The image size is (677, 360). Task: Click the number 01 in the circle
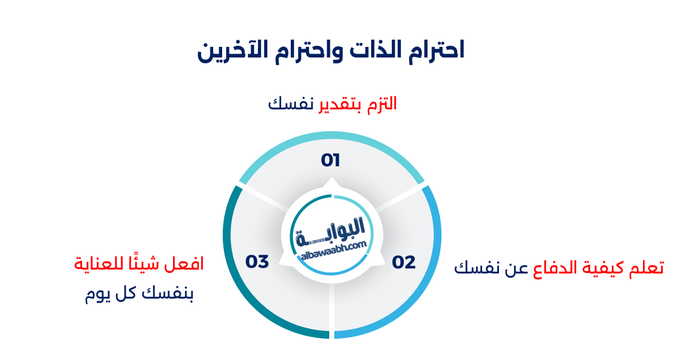tap(330, 161)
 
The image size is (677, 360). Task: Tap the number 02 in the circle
tap(404, 262)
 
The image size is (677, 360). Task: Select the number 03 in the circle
tap(257, 261)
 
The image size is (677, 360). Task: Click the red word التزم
tap(382, 104)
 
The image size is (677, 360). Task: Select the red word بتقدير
tap(338, 104)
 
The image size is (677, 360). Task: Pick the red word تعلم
tap(646, 268)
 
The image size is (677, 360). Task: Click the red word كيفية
tap(604, 268)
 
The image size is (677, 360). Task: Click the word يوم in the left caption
tap(97, 294)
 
